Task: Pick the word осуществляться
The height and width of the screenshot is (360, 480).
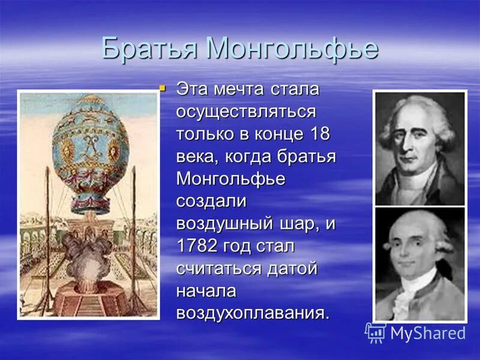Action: pyautogui.click(x=246, y=112)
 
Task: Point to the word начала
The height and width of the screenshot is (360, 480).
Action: pyautogui.click(x=206, y=291)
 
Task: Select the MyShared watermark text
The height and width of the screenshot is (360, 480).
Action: pyautogui.click(x=428, y=334)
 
